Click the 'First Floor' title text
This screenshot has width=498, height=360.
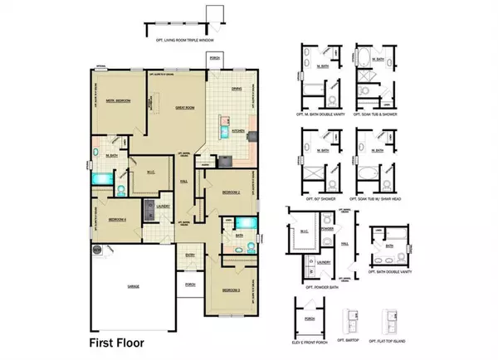pyautogui.click(x=120, y=341)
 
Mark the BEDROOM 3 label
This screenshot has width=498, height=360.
pyautogui.click(x=231, y=289)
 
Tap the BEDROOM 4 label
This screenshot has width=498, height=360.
pyautogui.click(x=117, y=220)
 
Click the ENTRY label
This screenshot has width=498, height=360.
pyautogui.click(x=190, y=256)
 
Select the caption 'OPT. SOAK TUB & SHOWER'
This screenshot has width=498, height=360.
pyautogui.click(x=373, y=112)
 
